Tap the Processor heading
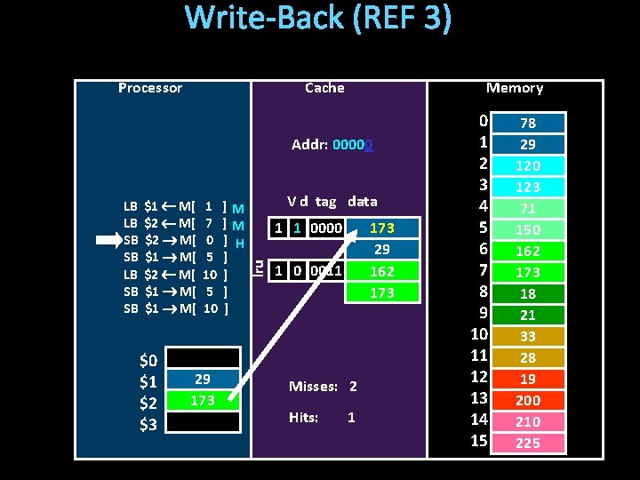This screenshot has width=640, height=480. click(149, 88)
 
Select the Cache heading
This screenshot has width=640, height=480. click(324, 88)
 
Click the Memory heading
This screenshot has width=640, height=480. click(514, 88)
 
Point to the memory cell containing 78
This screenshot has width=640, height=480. click(528, 123)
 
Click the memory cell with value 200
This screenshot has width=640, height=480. click(528, 400)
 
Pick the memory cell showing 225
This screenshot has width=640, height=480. click(528, 443)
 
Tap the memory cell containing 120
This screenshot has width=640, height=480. click(528, 165)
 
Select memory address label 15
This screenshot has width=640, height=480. click(479, 441)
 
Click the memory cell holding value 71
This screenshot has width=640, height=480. click(528, 208)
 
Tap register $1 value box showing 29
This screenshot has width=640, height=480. click(203, 379)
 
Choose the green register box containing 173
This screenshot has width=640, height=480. click(203, 400)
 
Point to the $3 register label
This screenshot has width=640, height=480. click(148, 423)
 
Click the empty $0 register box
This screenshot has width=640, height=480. click(203, 357)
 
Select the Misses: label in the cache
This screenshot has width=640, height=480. click(313, 387)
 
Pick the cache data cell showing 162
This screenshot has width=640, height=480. click(382, 271)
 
